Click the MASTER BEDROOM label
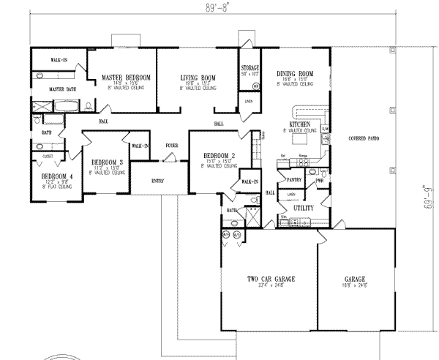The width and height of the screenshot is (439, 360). [x=126, y=77]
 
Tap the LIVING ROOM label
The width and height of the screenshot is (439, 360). [x=197, y=77]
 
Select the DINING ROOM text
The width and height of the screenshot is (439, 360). [x=295, y=74]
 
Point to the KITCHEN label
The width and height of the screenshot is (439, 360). [x=300, y=125]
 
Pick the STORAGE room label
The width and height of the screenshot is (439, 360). [x=251, y=68]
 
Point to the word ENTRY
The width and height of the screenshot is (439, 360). [x=158, y=180]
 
